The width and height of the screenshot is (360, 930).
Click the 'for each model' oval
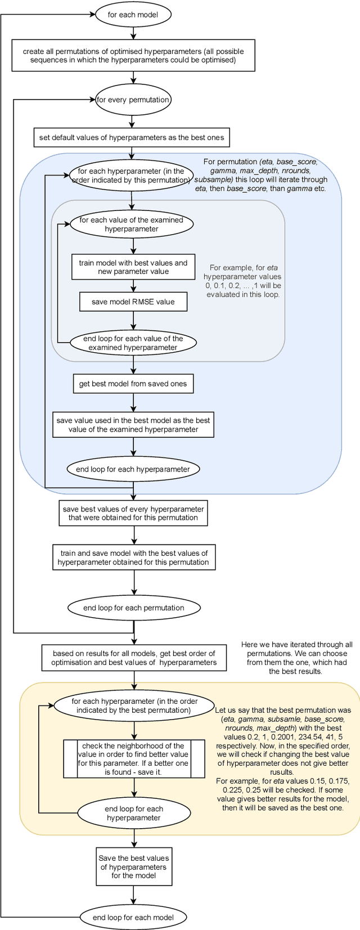tap(132, 15)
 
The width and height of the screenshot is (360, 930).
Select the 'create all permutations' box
tap(133, 55)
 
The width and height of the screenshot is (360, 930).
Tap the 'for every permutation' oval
tap(133, 100)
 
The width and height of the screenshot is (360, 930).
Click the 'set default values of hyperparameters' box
tap(132, 137)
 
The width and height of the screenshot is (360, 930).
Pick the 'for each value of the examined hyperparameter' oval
tap(131, 224)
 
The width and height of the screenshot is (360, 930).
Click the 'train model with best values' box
tap(133, 267)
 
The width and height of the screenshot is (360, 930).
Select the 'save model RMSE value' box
tap(133, 302)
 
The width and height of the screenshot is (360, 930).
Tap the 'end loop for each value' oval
tap(133, 343)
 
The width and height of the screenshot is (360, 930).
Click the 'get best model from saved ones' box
tap(133, 384)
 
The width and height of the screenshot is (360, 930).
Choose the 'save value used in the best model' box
tap(133, 425)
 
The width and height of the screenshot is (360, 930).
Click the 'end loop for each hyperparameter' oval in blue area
tap(133, 469)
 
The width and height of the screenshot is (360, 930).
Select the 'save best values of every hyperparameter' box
tap(133, 513)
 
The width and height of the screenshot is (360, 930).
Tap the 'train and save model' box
tap(134, 558)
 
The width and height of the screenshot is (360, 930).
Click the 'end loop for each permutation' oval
tap(134, 608)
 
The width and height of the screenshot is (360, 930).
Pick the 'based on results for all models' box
tap(134, 658)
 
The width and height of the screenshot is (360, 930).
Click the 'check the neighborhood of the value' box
tap(134, 759)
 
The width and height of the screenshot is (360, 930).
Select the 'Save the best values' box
tap(133, 867)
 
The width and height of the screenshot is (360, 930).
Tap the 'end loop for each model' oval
tap(133, 917)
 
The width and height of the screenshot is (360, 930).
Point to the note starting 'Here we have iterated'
tap(296, 658)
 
